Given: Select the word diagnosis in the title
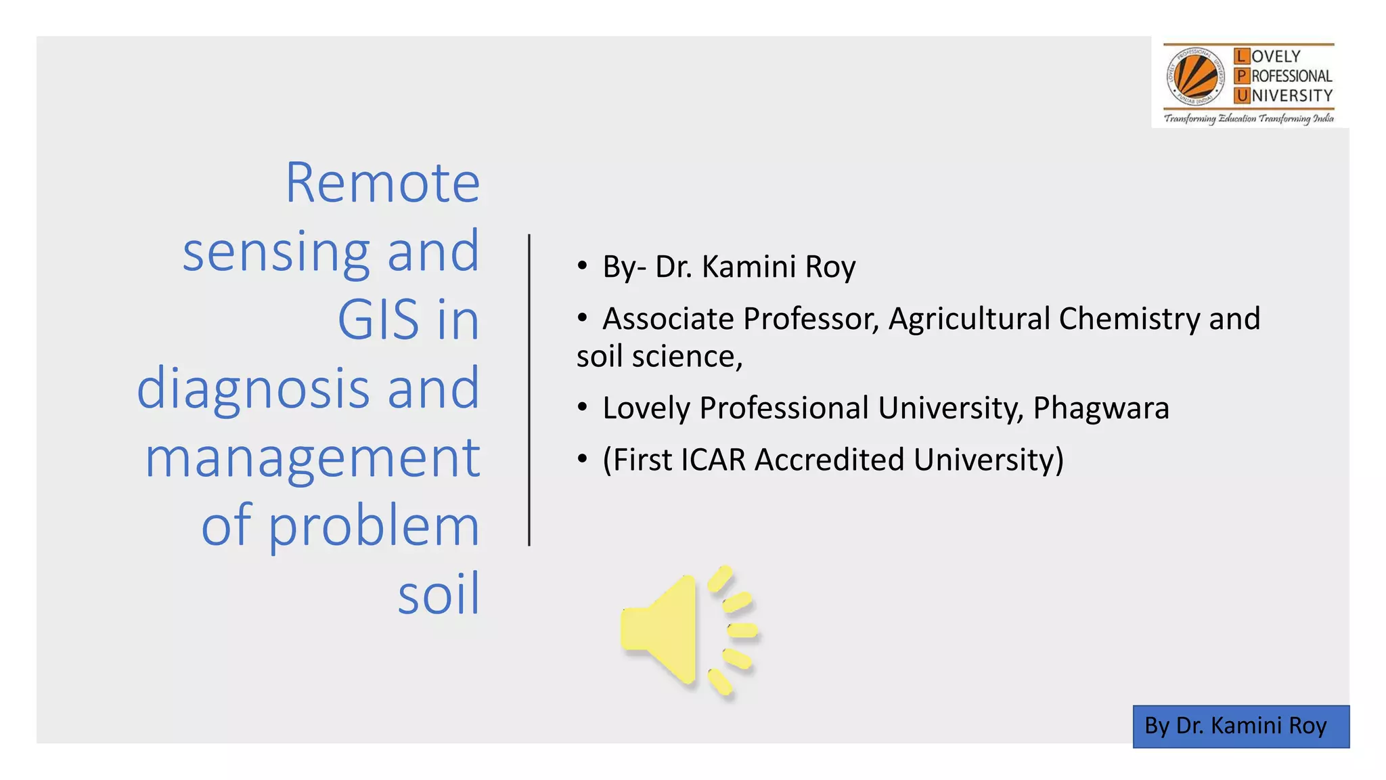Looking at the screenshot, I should [x=253, y=389].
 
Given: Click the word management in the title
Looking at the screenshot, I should [x=313, y=458].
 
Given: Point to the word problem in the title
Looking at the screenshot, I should [x=374, y=527].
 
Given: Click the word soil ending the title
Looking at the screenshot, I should [x=439, y=594].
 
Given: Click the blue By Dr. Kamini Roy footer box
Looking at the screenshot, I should [x=1240, y=726].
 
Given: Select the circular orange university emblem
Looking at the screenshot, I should [x=1195, y=77].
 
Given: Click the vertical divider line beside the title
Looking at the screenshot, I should [x=529, y=390].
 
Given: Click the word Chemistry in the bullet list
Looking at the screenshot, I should [x=1129, y=319].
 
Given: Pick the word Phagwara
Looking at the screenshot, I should [x=1100, y=408].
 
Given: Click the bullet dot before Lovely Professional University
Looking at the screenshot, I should [x=582, y=408].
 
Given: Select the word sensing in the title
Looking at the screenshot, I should [x=276, y=252].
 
